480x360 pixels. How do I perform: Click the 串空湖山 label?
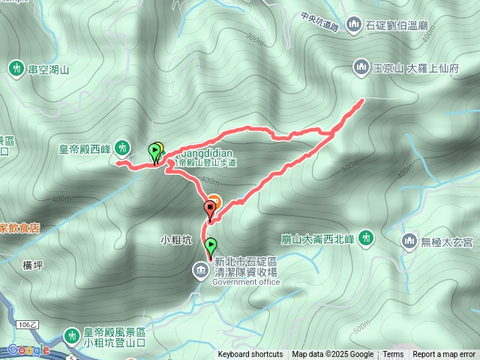pyautogui.click(x=49, y=70)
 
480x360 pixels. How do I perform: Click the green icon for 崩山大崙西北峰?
pyautogui.click(x=366, y=238)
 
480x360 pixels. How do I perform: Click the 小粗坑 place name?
pyautogui.click(x=177, y=241)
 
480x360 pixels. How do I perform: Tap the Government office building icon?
pyautogui.click(x=201, y=269)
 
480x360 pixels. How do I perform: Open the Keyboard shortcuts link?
pyautogui.click(x=250, y=355)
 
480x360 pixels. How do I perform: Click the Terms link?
pyautogui.click(x=393, y=355)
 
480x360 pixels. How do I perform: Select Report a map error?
pyautogui.click(x=444, y=355)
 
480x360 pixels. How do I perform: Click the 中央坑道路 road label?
pyautogui.click(x=319, y=21)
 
